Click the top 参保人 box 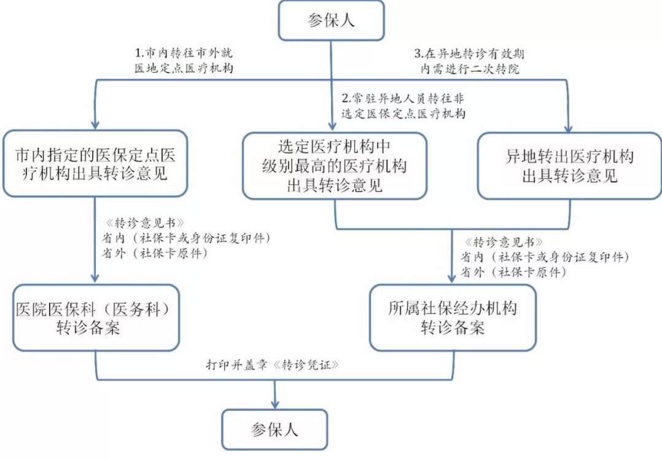332,20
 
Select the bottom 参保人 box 275,429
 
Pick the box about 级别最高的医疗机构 334,166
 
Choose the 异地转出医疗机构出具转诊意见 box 569,166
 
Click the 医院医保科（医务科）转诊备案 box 96,318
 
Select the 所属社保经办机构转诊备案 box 452,318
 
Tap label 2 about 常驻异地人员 402,106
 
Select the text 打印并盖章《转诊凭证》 274,363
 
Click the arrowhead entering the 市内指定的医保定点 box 96,123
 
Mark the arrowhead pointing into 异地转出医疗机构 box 569,126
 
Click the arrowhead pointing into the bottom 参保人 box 275,403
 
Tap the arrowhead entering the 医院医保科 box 96,279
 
